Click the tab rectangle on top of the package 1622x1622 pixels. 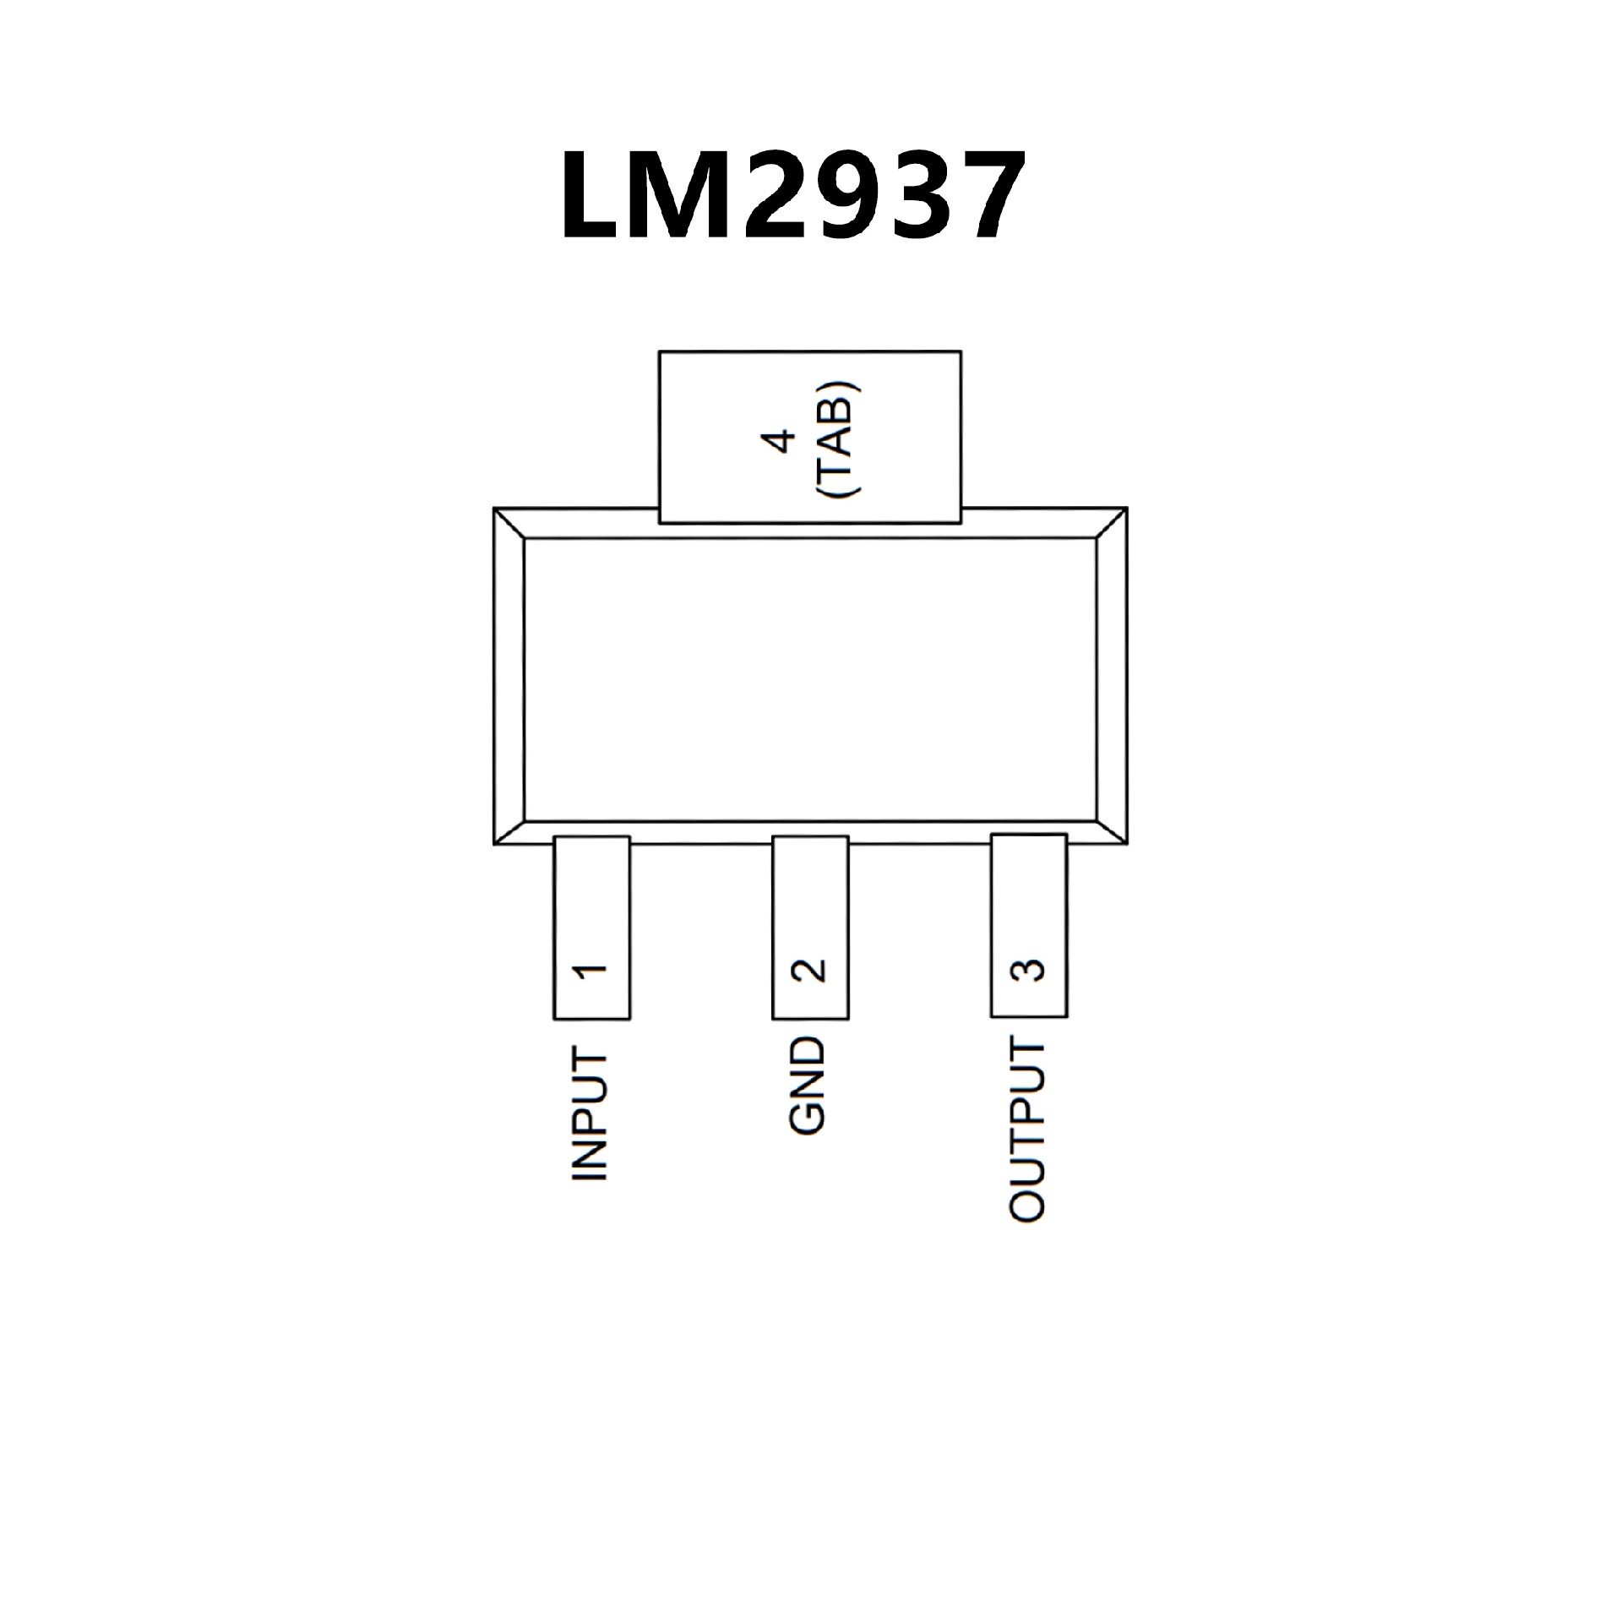point(809,437)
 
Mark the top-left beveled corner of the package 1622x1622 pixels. point(509,523)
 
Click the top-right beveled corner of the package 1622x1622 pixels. point(1112,523)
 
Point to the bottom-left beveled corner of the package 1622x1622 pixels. point(509,832)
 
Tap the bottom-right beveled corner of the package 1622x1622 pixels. point(1112,832)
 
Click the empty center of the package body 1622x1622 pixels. point(810,679)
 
